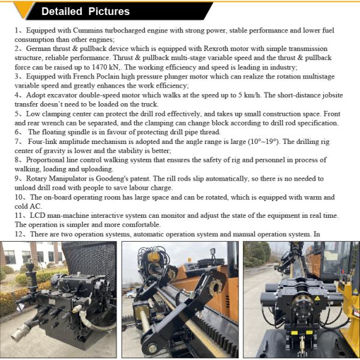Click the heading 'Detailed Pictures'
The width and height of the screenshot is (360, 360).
tap(85, 11)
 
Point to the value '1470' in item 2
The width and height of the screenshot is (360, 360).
tap(100, 67)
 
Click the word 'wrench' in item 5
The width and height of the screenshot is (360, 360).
tap(52, 123)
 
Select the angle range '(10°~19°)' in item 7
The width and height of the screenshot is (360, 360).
tap(263, 142)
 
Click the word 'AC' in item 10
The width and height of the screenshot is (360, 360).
tap(34, 206)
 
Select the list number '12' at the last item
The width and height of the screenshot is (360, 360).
tap(19, 234)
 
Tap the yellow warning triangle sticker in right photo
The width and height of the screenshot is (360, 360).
tap(317, 298)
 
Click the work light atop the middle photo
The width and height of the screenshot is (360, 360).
tap(213, 252)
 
